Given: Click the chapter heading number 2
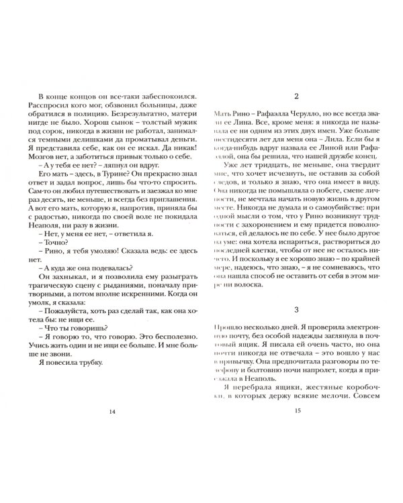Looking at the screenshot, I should [x=296, y=96].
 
